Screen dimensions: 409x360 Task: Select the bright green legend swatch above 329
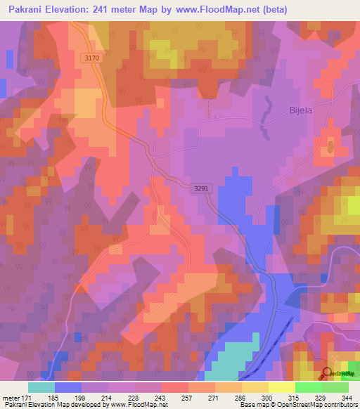309,387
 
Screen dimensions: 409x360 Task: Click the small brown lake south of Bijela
330,146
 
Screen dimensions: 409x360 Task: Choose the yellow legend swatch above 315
282,387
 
